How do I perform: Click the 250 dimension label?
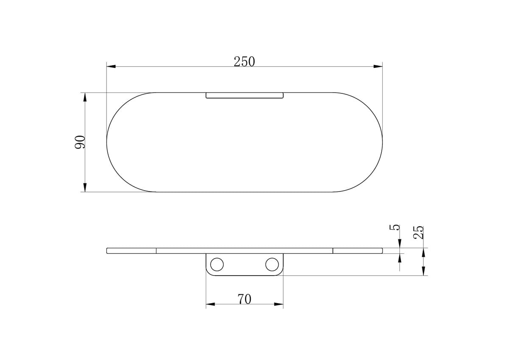click(244, 62)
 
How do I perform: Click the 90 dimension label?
click(80, 142)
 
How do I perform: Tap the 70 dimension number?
click(244, 299)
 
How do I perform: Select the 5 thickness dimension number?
click(394, 228)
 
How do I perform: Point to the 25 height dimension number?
click(419, 232)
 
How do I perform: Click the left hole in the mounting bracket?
click(217, 264)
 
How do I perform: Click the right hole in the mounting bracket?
click(271, 264)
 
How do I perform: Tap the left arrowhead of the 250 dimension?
click(111, 67)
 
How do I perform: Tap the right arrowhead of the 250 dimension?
click(378, 67)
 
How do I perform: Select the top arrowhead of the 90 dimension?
click(85, 97)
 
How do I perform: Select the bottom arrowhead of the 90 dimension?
click(85, 187)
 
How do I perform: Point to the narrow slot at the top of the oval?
click(244, 95)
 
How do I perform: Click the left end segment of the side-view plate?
click(131, 250)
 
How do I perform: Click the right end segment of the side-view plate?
click(358, 250)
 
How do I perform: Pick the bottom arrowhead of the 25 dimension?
click(423, 271)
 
